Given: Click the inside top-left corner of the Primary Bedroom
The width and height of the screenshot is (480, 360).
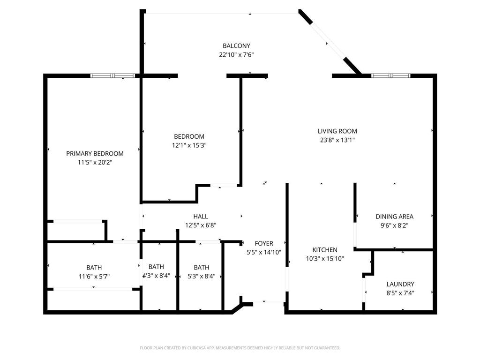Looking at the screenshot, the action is click(47, 78).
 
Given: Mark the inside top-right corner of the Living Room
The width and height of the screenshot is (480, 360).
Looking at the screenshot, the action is click(433, 78).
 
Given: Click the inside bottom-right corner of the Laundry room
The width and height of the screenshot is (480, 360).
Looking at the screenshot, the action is click(433, 310).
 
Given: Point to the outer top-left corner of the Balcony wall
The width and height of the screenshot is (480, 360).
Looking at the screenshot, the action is click(140, 9).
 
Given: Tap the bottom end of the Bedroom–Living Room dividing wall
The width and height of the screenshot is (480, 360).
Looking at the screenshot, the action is click(240, 187).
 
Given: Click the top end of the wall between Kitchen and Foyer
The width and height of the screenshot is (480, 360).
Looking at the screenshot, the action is click(287, 183).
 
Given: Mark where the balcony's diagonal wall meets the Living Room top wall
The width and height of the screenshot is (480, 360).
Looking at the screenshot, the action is click(360, 75).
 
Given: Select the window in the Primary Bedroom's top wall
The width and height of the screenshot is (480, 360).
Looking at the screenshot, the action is click(112, 75).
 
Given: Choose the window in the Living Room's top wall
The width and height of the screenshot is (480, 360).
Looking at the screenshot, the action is click(391, 75).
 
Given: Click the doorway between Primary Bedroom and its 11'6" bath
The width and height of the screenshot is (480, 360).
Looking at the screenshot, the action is click(125, 242).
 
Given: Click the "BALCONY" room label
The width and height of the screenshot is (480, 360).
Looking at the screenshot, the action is click(236, 46).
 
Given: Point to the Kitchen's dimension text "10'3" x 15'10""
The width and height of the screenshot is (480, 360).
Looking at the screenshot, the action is click(325, 259).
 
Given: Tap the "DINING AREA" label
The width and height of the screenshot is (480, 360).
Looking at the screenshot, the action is click(394, 217).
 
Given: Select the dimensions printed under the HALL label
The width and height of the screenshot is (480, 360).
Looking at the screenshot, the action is click(201, 225).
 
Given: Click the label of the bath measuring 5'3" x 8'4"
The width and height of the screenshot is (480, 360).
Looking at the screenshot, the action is click(202, 267).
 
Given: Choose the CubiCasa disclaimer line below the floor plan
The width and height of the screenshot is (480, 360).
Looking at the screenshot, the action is click(240, 348).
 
